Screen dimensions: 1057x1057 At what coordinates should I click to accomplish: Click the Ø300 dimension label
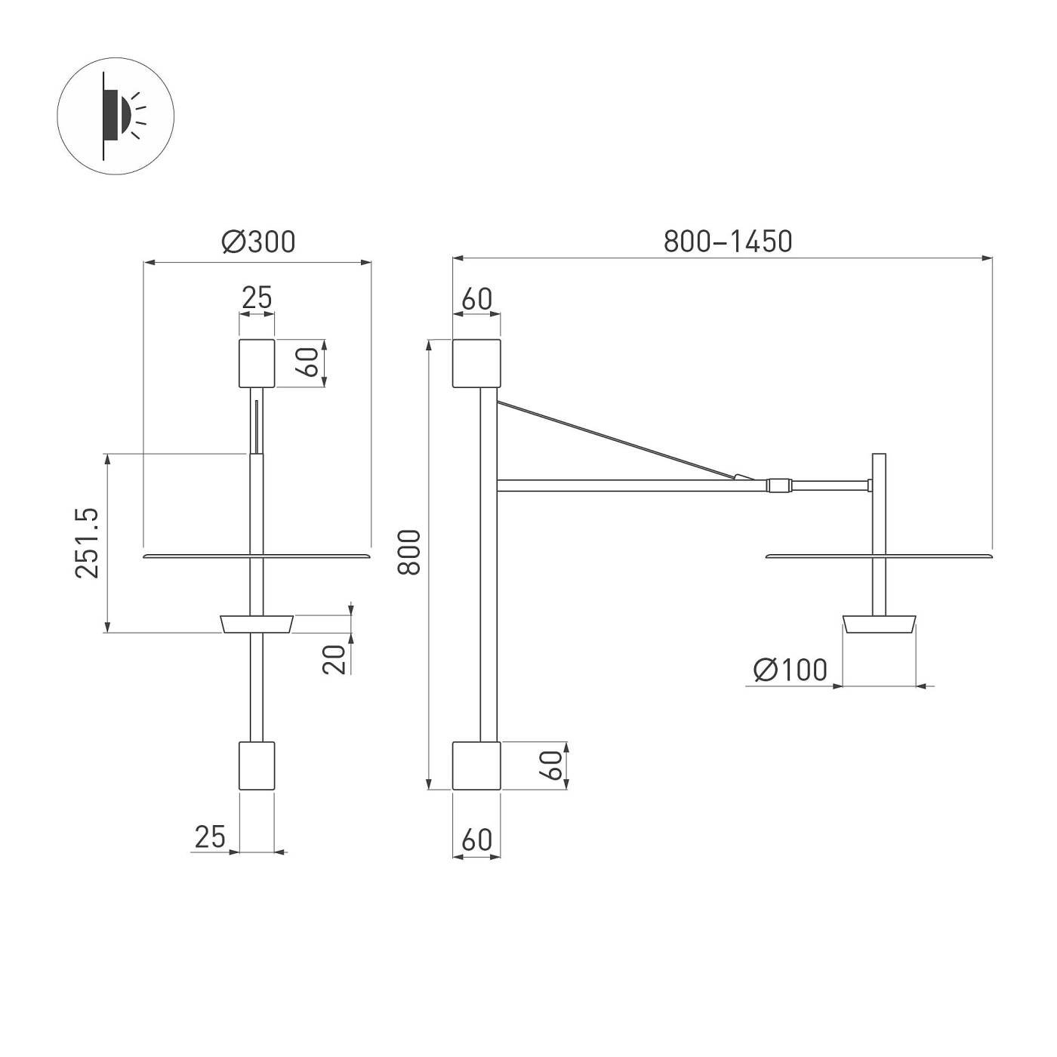pos(258,242)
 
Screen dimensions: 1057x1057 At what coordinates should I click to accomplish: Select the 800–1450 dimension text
pos(727,241)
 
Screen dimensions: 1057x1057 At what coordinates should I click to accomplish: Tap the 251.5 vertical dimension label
pos(88,543)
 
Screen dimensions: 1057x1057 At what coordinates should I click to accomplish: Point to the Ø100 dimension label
pos(790,670)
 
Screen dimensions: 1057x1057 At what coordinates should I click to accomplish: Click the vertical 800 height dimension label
pos(409,552)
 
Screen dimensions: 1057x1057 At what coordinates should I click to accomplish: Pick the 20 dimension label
pos(334,658)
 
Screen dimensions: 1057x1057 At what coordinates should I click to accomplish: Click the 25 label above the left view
pos(257,298)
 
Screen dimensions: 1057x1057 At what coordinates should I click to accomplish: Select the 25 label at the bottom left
pos(210,837)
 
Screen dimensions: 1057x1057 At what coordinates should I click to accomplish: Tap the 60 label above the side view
pos(476,299)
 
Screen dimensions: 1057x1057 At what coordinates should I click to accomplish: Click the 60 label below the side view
pos(476,839)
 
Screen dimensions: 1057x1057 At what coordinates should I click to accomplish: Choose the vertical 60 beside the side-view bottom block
pos(553,766)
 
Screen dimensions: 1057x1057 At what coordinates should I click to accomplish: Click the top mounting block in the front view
pos(257,363)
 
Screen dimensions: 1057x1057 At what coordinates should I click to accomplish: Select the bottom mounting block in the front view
pos(257,766)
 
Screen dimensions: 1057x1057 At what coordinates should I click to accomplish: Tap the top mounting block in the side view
pos(476,363)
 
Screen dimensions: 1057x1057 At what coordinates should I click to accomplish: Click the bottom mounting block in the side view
pos(476,766)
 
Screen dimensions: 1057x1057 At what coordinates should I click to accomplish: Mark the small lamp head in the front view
pos(257,624)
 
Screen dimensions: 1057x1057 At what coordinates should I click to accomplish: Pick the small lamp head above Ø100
pos(880,624)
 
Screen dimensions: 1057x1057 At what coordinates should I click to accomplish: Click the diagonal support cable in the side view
pos(619,439)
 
